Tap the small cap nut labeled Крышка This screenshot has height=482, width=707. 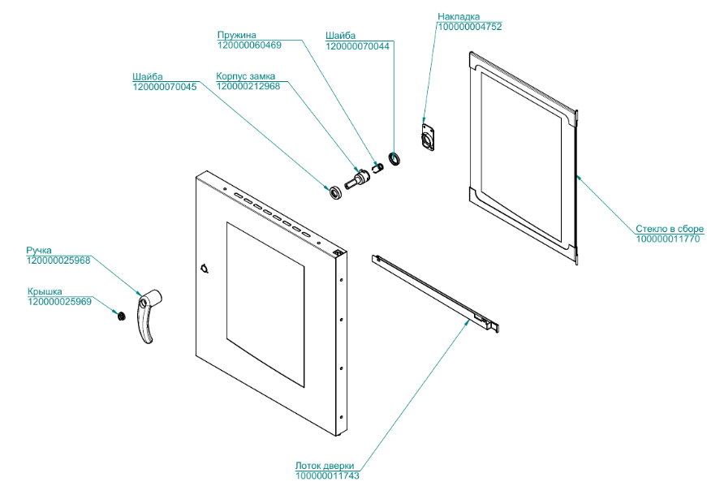pyautogui.click(x=119, y=315)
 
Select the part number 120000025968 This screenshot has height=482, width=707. pyautogui.click(x=58, y=260)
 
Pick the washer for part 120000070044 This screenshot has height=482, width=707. pyautogui.click(x=394, y=157)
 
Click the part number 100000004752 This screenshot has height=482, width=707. pyautogui.click(x=470, y=27)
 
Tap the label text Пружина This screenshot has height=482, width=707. pyautogui.click(x=236, y=35)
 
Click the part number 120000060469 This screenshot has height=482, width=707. pyautogui.click(x=249, y=45)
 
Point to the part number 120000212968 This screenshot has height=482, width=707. pyautogui.click(x=248, y=86)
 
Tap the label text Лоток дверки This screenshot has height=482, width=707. pyautogui.click(x=325, y=466)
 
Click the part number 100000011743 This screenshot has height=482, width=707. pyautogui.click(x=327, y=476)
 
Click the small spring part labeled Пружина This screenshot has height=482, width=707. pyautogui.click(x=377, y=169)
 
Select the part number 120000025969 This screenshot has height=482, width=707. pyautogui.click(x=60, y=301)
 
